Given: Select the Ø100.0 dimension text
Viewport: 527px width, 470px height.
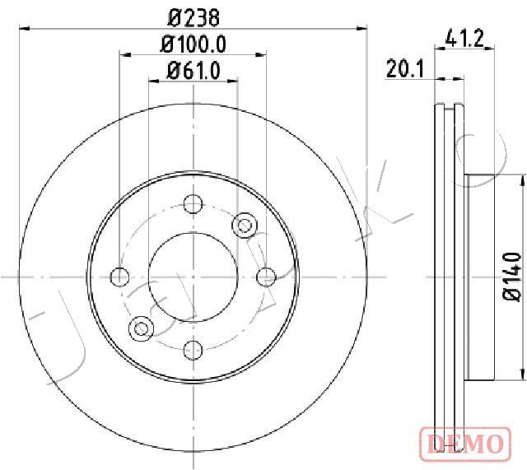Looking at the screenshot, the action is pyautogui.click(x=193, y=44).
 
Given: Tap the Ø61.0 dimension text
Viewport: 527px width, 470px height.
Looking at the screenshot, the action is pyautogui.click(x=194, y=71).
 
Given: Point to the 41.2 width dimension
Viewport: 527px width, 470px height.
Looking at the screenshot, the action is pyautogui.click(x=464, y=39).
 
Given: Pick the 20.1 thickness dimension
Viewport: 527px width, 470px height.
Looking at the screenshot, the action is pyautogui.click(x=406, y=68).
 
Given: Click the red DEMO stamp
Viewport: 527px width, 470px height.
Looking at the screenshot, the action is pyautogui.click(x=465, y=443).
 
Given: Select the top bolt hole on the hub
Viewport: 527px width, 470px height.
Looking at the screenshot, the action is pyautogui.click(x=194, y=203).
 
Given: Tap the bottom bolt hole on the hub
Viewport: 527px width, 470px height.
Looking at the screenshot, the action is pyautogui.click(x=194, y=350).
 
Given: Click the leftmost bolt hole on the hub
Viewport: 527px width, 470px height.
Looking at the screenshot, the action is pyautogui.click(x=119, y=277).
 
